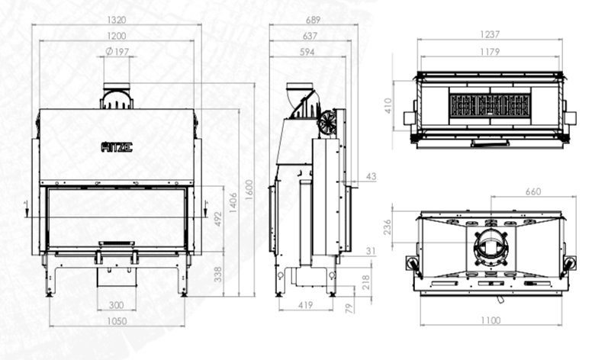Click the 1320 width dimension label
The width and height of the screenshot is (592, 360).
click(116, 20)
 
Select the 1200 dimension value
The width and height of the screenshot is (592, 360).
click(116, 36)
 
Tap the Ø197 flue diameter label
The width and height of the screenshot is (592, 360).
click(117, 51)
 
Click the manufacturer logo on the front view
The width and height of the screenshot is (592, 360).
click(117, 146)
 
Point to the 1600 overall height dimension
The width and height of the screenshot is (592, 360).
click(249, 190)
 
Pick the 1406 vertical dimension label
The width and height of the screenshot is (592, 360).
click(233, 203)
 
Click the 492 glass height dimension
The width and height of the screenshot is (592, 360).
click(218, 219)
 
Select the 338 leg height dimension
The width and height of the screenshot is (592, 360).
click(218, 275)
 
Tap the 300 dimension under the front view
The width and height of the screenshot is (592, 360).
click(116, 305)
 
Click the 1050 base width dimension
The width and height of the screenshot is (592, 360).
click(117, 321)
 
